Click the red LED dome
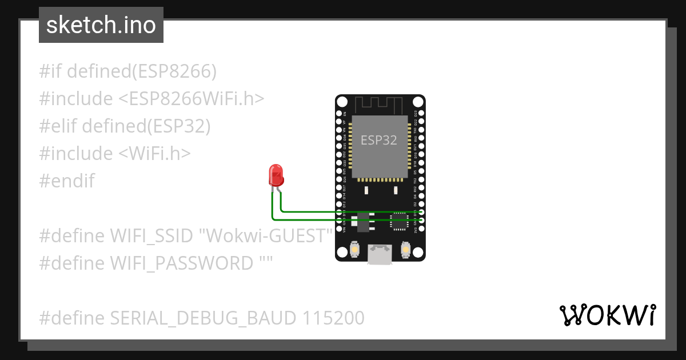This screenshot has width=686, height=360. pyautogui.click(x=276, y=175)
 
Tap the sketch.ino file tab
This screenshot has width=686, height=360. pyautogui.click(x=101, y=25)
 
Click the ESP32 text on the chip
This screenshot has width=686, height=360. pyautogui.click(x=378, y=140)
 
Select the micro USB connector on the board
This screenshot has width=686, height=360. pyautogui.click(x=380, y=254)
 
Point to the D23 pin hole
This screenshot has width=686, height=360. pyautogui.click(x=422, y=114)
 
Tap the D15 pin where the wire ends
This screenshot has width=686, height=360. pyautogui.click(x=422, y=212)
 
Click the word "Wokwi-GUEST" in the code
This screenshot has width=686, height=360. pyautogui.click(x=269, y=235)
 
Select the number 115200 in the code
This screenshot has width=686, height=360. pyautogui.click(x=330, y=318)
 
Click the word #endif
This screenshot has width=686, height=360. pyautogui.click(x=67, y=181)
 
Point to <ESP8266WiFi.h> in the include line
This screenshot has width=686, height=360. pyautogui.click(x=192, y=99)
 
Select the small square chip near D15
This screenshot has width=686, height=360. pyautogui.click(x=398, y=221)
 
